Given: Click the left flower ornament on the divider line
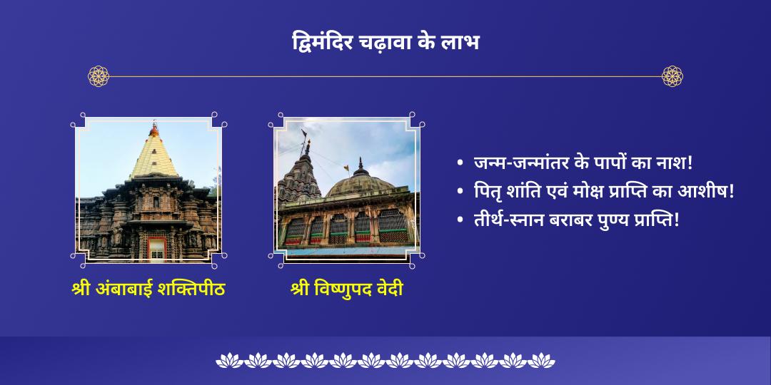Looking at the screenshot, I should tap(99, 76).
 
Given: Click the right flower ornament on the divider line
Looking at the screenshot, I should tap(672, 76).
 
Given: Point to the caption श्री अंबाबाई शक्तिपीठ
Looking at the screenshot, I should tap(148, 290).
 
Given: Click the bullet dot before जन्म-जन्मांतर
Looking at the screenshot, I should tap(460, 164).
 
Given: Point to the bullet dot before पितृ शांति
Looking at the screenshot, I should tap(460, 192).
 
